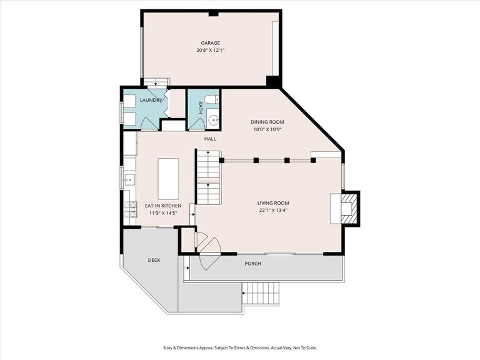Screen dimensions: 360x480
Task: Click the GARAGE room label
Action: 210,43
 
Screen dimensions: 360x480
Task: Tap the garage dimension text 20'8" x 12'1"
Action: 210,50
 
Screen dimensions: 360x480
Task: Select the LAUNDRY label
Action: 151,100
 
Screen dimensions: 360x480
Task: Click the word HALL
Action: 210,139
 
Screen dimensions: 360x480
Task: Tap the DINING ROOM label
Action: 267,122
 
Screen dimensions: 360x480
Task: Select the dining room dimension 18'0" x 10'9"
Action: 267,129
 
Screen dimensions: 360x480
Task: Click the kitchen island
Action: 168,178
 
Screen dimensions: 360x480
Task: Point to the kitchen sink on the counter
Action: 129,180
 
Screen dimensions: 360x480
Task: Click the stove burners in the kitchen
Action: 131,211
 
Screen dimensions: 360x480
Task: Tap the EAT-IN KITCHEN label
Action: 163,206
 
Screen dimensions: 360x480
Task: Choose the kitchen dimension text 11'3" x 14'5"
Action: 163,213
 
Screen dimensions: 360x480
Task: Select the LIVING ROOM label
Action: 273,202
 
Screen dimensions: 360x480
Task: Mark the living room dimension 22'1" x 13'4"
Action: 273,210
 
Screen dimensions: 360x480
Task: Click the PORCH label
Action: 252,264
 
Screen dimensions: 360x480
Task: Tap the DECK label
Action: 154,260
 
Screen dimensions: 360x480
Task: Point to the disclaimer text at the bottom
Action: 240,348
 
